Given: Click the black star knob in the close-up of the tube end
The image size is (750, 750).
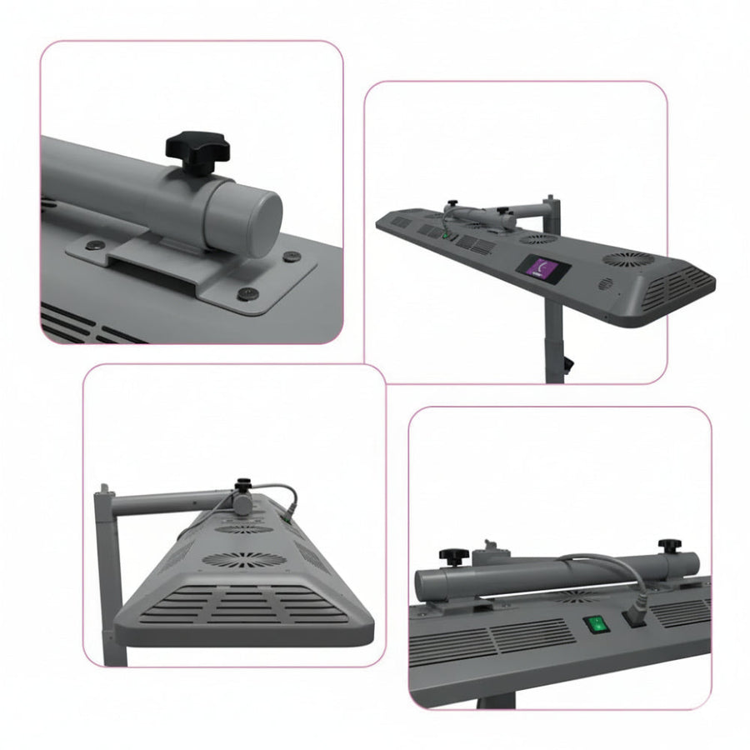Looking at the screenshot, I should point(196,151).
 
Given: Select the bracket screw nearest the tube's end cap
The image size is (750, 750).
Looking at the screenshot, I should point(292,257).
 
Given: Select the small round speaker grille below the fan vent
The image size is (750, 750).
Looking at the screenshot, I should point(606,284).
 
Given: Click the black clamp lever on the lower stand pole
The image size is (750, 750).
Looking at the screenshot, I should point(569,364).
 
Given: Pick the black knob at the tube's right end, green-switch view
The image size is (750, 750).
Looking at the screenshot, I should point(668,546).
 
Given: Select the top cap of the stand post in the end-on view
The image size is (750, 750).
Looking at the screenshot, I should point(103,492).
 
